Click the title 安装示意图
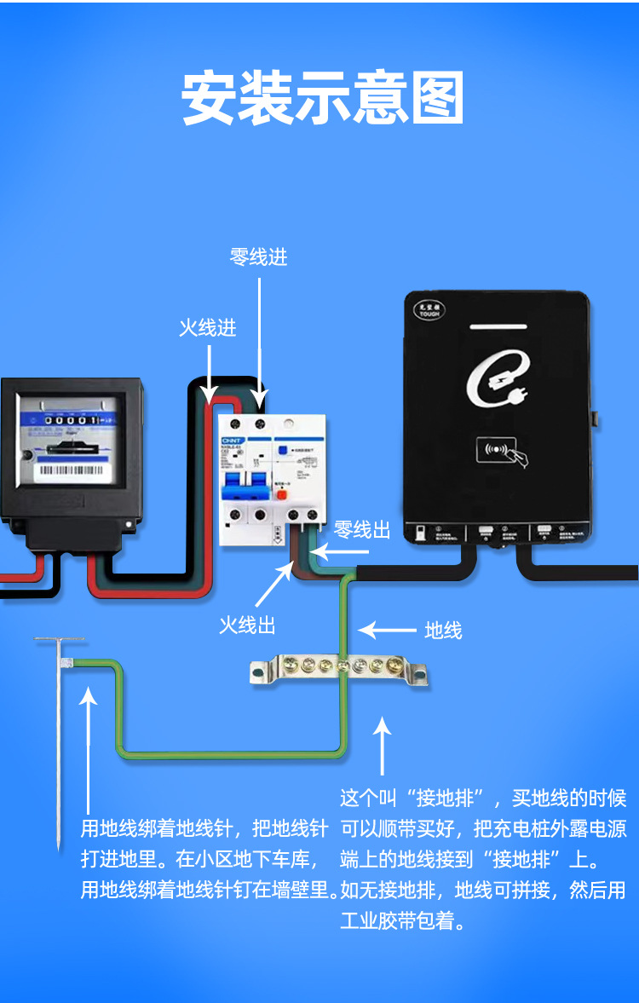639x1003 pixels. point(323,100)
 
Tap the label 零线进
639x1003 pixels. point(258,257)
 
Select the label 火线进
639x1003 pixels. point(207,328)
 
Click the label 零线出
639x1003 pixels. point(362,530)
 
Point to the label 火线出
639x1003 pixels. point(247,625)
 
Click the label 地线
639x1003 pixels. point(443,631)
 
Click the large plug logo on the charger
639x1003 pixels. point(499,383)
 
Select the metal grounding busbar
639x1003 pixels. point(338,670)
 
